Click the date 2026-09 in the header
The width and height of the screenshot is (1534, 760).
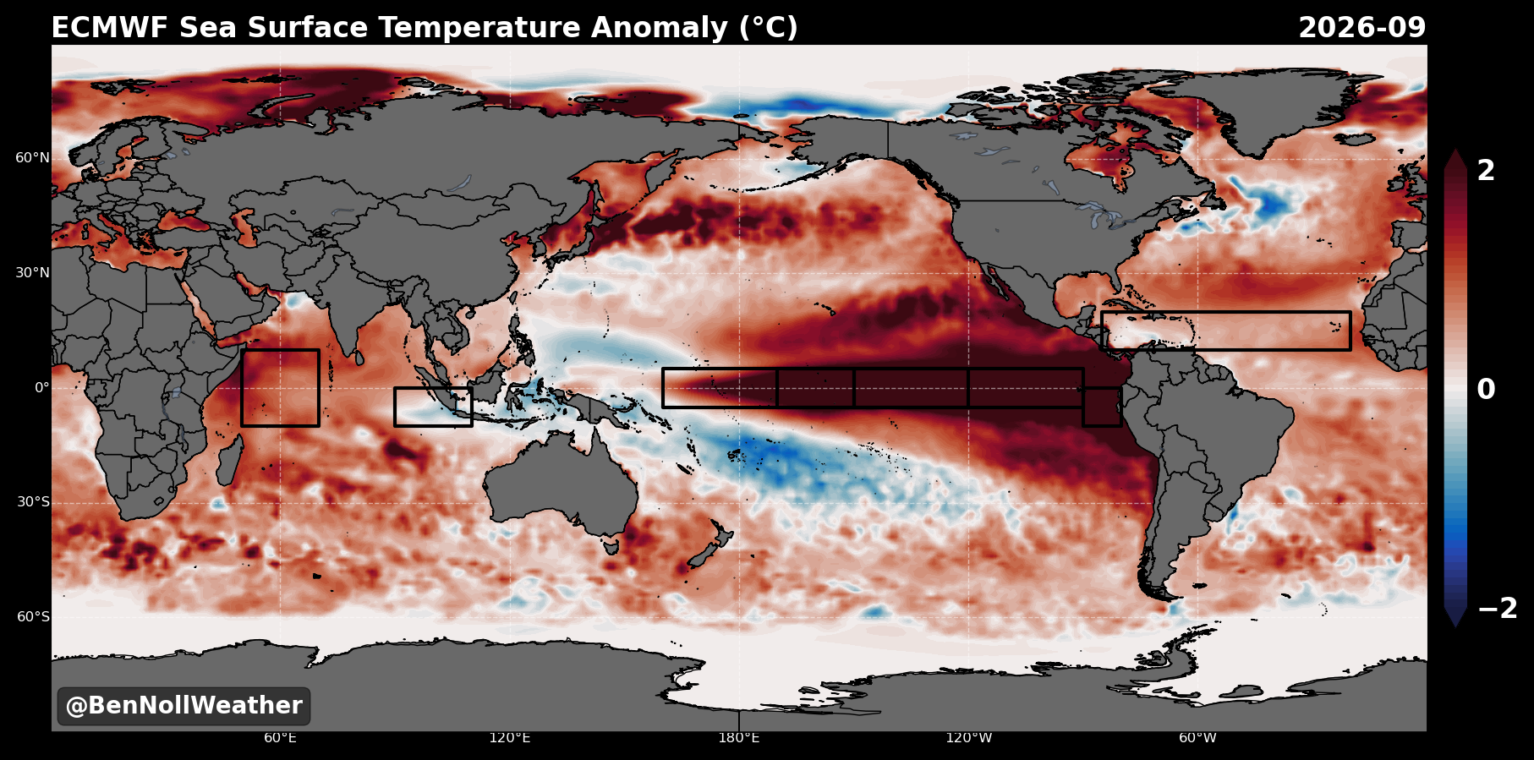1361,28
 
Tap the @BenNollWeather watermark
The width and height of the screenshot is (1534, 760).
184,706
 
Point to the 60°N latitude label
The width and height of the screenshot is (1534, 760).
32,158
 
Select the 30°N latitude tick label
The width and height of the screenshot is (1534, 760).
32,273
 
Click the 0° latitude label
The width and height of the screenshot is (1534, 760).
41,388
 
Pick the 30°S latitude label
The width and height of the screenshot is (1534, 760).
33,502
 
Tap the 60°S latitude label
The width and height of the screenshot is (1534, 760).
33,617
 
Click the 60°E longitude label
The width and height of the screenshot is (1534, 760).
280,738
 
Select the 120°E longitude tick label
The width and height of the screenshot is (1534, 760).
510,738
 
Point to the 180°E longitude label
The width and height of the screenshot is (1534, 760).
739,738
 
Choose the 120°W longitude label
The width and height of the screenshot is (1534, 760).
969,738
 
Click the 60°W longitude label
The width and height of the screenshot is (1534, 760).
1198,738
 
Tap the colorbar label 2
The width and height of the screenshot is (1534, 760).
1486,171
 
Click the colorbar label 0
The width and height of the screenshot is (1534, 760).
1486,390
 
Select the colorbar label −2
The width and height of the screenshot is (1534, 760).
1498,609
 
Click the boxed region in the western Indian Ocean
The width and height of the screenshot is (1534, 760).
242,387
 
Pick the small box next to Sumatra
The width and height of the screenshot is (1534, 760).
395,407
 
